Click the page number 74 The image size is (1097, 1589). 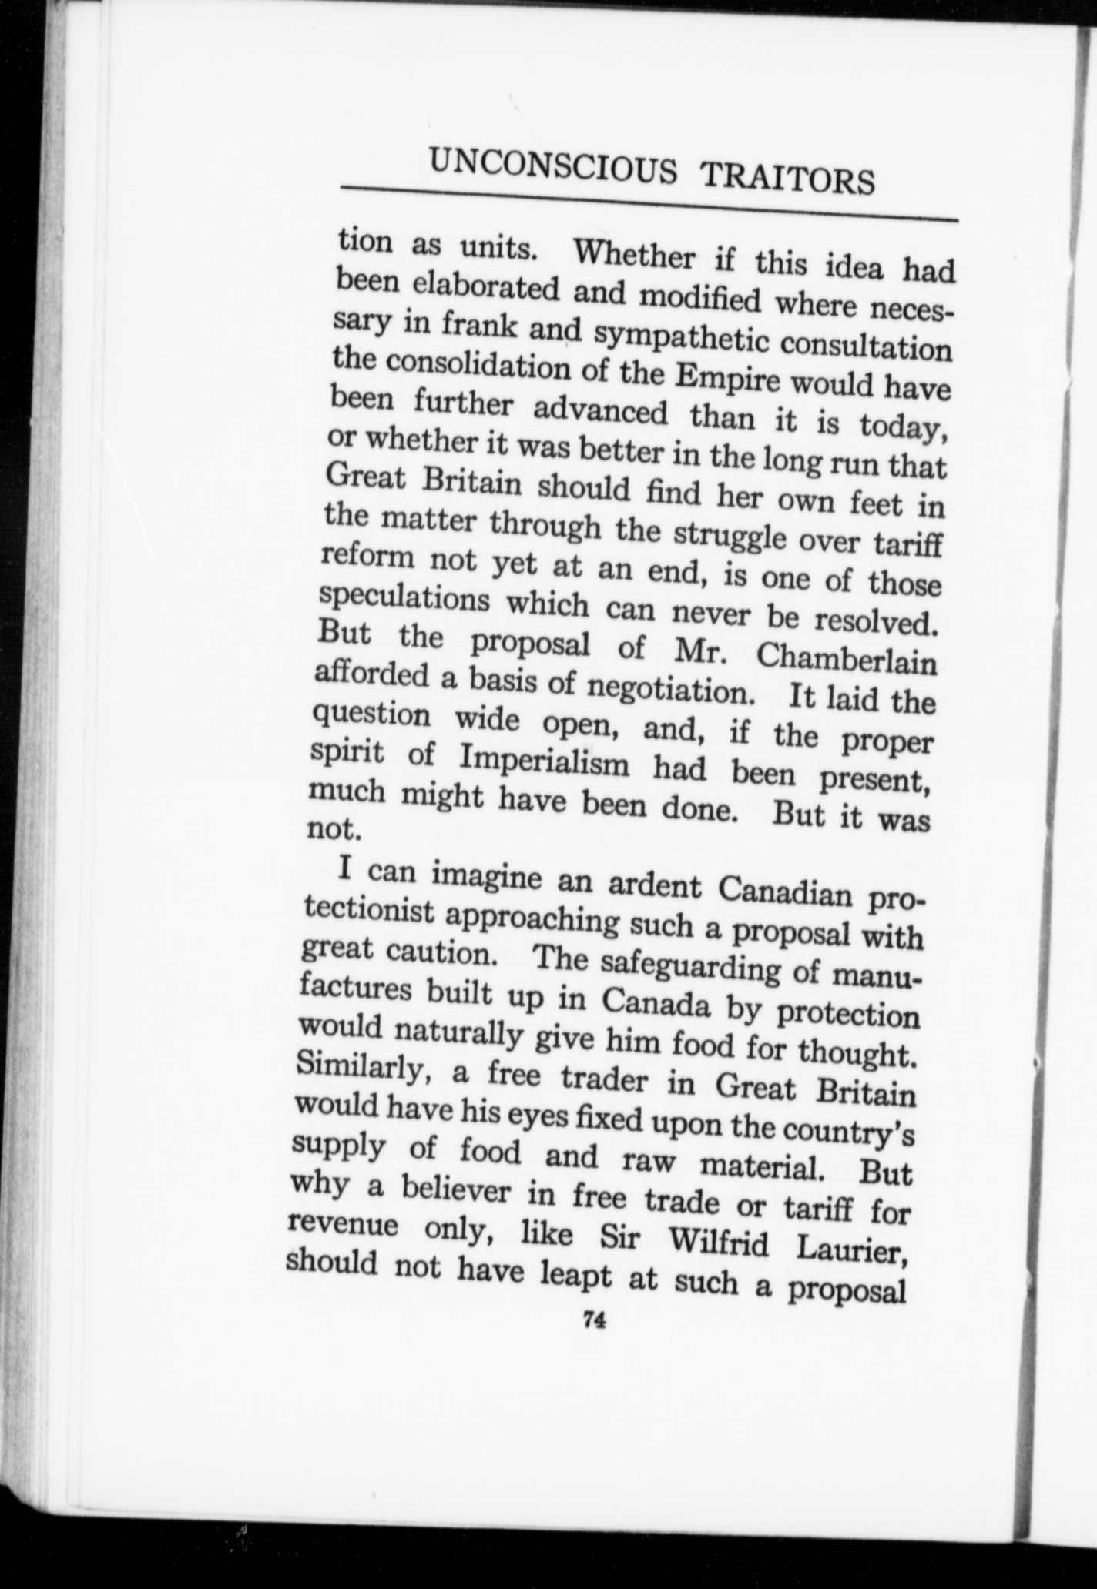pyautogui.click(x=594, y=1320)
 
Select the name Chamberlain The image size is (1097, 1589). pyautogui.click(x=846, y=660)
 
